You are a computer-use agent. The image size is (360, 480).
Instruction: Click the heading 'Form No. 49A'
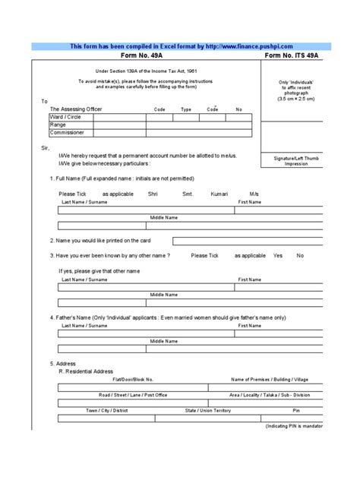pyautogui.click(x=144, y=57)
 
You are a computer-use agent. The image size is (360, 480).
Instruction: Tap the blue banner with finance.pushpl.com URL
pyautogui.click(x=181, y=46)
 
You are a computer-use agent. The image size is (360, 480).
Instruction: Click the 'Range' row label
pyautogui.click(x=58, y=125)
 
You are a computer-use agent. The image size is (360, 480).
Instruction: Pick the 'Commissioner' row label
pyautogui.click(x=67, y=133)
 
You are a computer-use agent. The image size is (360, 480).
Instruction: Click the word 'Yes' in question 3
pyautogui.click(x=278, y=256)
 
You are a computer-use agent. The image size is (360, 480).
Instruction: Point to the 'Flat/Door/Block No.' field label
pyautogui.click(x=133, y=379)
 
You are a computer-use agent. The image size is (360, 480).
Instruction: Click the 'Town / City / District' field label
pyautogui.click(x=106, y=410)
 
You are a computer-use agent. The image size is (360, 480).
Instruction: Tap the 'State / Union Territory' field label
pyautogui.click(x=207, y=410)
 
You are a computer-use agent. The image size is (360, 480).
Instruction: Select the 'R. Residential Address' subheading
pyautogui.click(x=86, y=371)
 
